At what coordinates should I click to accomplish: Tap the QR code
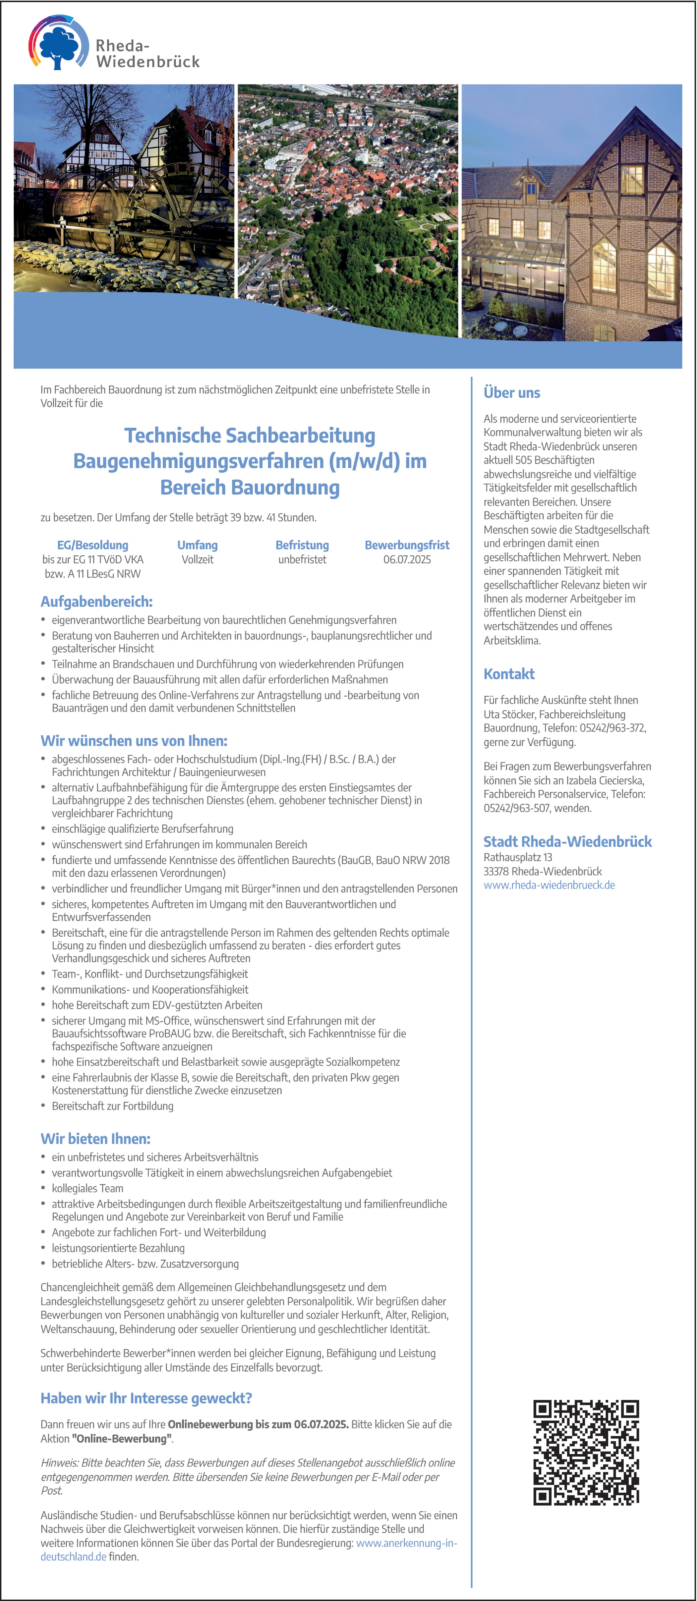click(586, 1452)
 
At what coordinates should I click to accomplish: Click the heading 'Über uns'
click(512, 393)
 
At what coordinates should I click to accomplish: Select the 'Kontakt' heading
click(509, 674)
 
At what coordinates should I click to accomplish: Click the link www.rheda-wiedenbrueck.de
click(549, 885)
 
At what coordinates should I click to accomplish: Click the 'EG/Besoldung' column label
click(93, 545)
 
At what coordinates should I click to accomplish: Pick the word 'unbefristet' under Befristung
click(302, 559)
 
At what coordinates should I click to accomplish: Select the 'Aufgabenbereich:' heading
click(96, 602)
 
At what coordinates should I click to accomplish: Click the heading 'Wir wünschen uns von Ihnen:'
click(134, 741)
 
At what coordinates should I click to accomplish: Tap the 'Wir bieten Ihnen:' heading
click(95, 1139)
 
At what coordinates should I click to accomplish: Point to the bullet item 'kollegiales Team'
click(88, 1188)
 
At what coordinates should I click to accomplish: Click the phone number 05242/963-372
click(613, 728)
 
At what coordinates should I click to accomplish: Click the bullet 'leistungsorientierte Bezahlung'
click(118, 1248)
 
